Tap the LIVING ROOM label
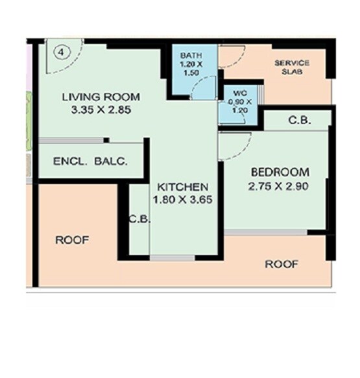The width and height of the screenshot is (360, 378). (101, 97)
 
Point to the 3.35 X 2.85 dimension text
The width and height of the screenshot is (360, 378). (102, 110)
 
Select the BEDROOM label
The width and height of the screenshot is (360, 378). (280, 172)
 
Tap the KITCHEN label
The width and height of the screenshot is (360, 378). (181, 187)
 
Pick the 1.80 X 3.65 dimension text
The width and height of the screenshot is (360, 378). (184, 200)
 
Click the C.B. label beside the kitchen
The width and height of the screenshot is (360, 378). (139, 219)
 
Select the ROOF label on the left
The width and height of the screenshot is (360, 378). (72, 240)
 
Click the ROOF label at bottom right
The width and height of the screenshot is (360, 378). (282, 265)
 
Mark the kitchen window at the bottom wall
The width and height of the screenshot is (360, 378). (172, 258)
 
